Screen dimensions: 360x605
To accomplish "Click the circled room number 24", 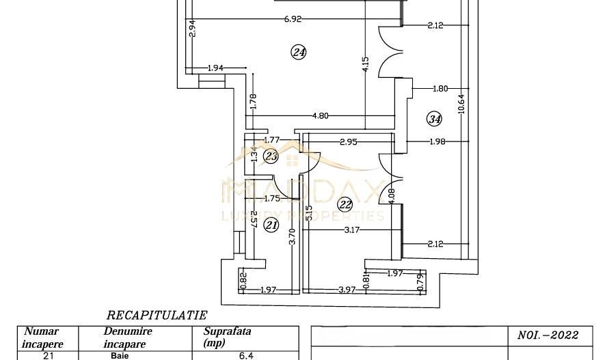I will pos(298,53).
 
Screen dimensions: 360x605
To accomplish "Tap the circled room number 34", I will pos(434,119).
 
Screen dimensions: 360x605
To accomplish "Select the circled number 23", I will pos(271,157).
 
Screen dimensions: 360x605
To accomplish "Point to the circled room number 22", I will pos(345,203).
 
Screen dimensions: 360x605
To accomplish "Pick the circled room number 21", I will pos(272,224).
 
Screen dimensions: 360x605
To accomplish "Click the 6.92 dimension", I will pos(293,20).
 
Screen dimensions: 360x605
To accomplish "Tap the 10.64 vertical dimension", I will pos(461,102).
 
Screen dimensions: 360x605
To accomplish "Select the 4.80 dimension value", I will pos(320,115).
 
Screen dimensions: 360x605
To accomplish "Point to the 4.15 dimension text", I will pos(366,65).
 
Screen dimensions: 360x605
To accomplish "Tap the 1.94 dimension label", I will pos(216,68).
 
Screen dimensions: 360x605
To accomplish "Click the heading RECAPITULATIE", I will pos(157,316).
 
